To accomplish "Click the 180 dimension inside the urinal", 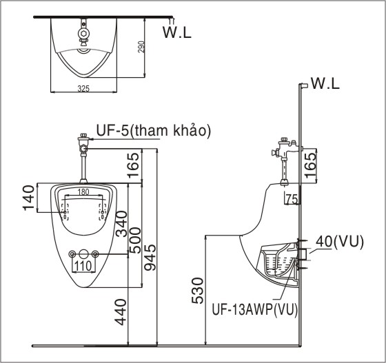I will click(83, 191).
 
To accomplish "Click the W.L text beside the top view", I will click(178, 31).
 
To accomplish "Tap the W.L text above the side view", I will click(325, 84).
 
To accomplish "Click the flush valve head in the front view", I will click(83, 142).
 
